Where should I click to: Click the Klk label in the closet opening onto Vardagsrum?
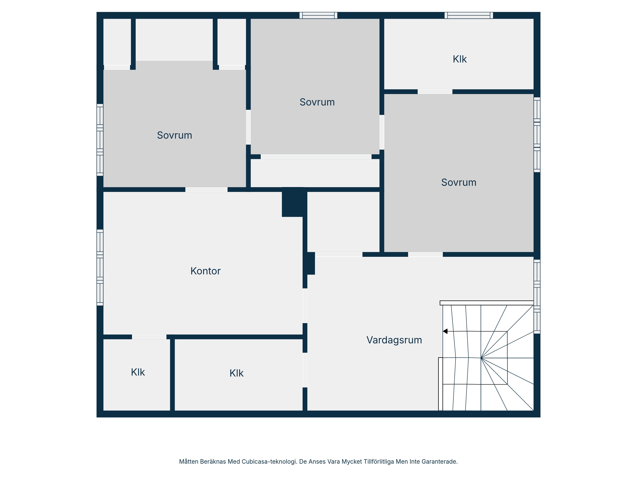point(236,373)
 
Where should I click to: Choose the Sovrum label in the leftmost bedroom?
point(175,135)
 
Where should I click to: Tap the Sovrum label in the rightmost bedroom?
point(459,182)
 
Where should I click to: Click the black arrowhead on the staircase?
point(445,331)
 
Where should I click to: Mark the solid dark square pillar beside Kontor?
point(292,202)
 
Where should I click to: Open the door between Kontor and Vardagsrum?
point(305,306)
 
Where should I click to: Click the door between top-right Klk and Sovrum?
point(435,92)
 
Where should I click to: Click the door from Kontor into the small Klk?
point(149,337)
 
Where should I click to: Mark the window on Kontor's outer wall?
point(100,268)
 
